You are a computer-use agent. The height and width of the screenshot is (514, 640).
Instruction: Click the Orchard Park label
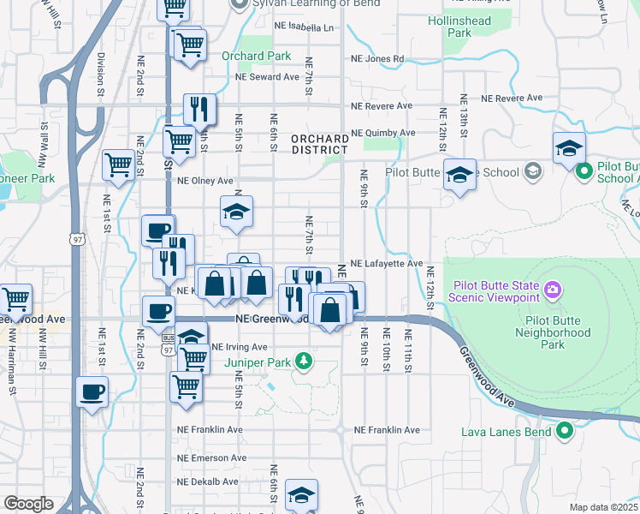click(256, 57)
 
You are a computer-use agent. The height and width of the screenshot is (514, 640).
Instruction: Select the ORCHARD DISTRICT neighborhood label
click(319, 144)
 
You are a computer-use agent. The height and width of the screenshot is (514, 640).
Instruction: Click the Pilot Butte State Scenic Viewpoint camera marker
click(554, 290)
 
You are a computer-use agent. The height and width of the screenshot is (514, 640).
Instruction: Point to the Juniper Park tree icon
click(303, 360)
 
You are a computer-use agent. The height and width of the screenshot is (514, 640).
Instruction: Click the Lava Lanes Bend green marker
click(564, 430)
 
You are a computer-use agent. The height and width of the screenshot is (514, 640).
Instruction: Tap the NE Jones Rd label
click(377, 60)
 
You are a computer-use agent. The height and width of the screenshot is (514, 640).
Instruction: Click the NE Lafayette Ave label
click(386, 264)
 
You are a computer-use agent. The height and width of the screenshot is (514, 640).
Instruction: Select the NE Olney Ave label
click(205, 181)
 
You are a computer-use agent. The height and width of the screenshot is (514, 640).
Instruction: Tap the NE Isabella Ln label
click(304, 27)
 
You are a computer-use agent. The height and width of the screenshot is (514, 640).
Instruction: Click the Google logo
click(28, 504)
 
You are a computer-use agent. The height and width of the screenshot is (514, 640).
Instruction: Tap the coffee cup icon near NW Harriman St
click(92, 393)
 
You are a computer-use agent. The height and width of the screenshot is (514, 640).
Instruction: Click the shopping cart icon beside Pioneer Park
click(118, 164)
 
